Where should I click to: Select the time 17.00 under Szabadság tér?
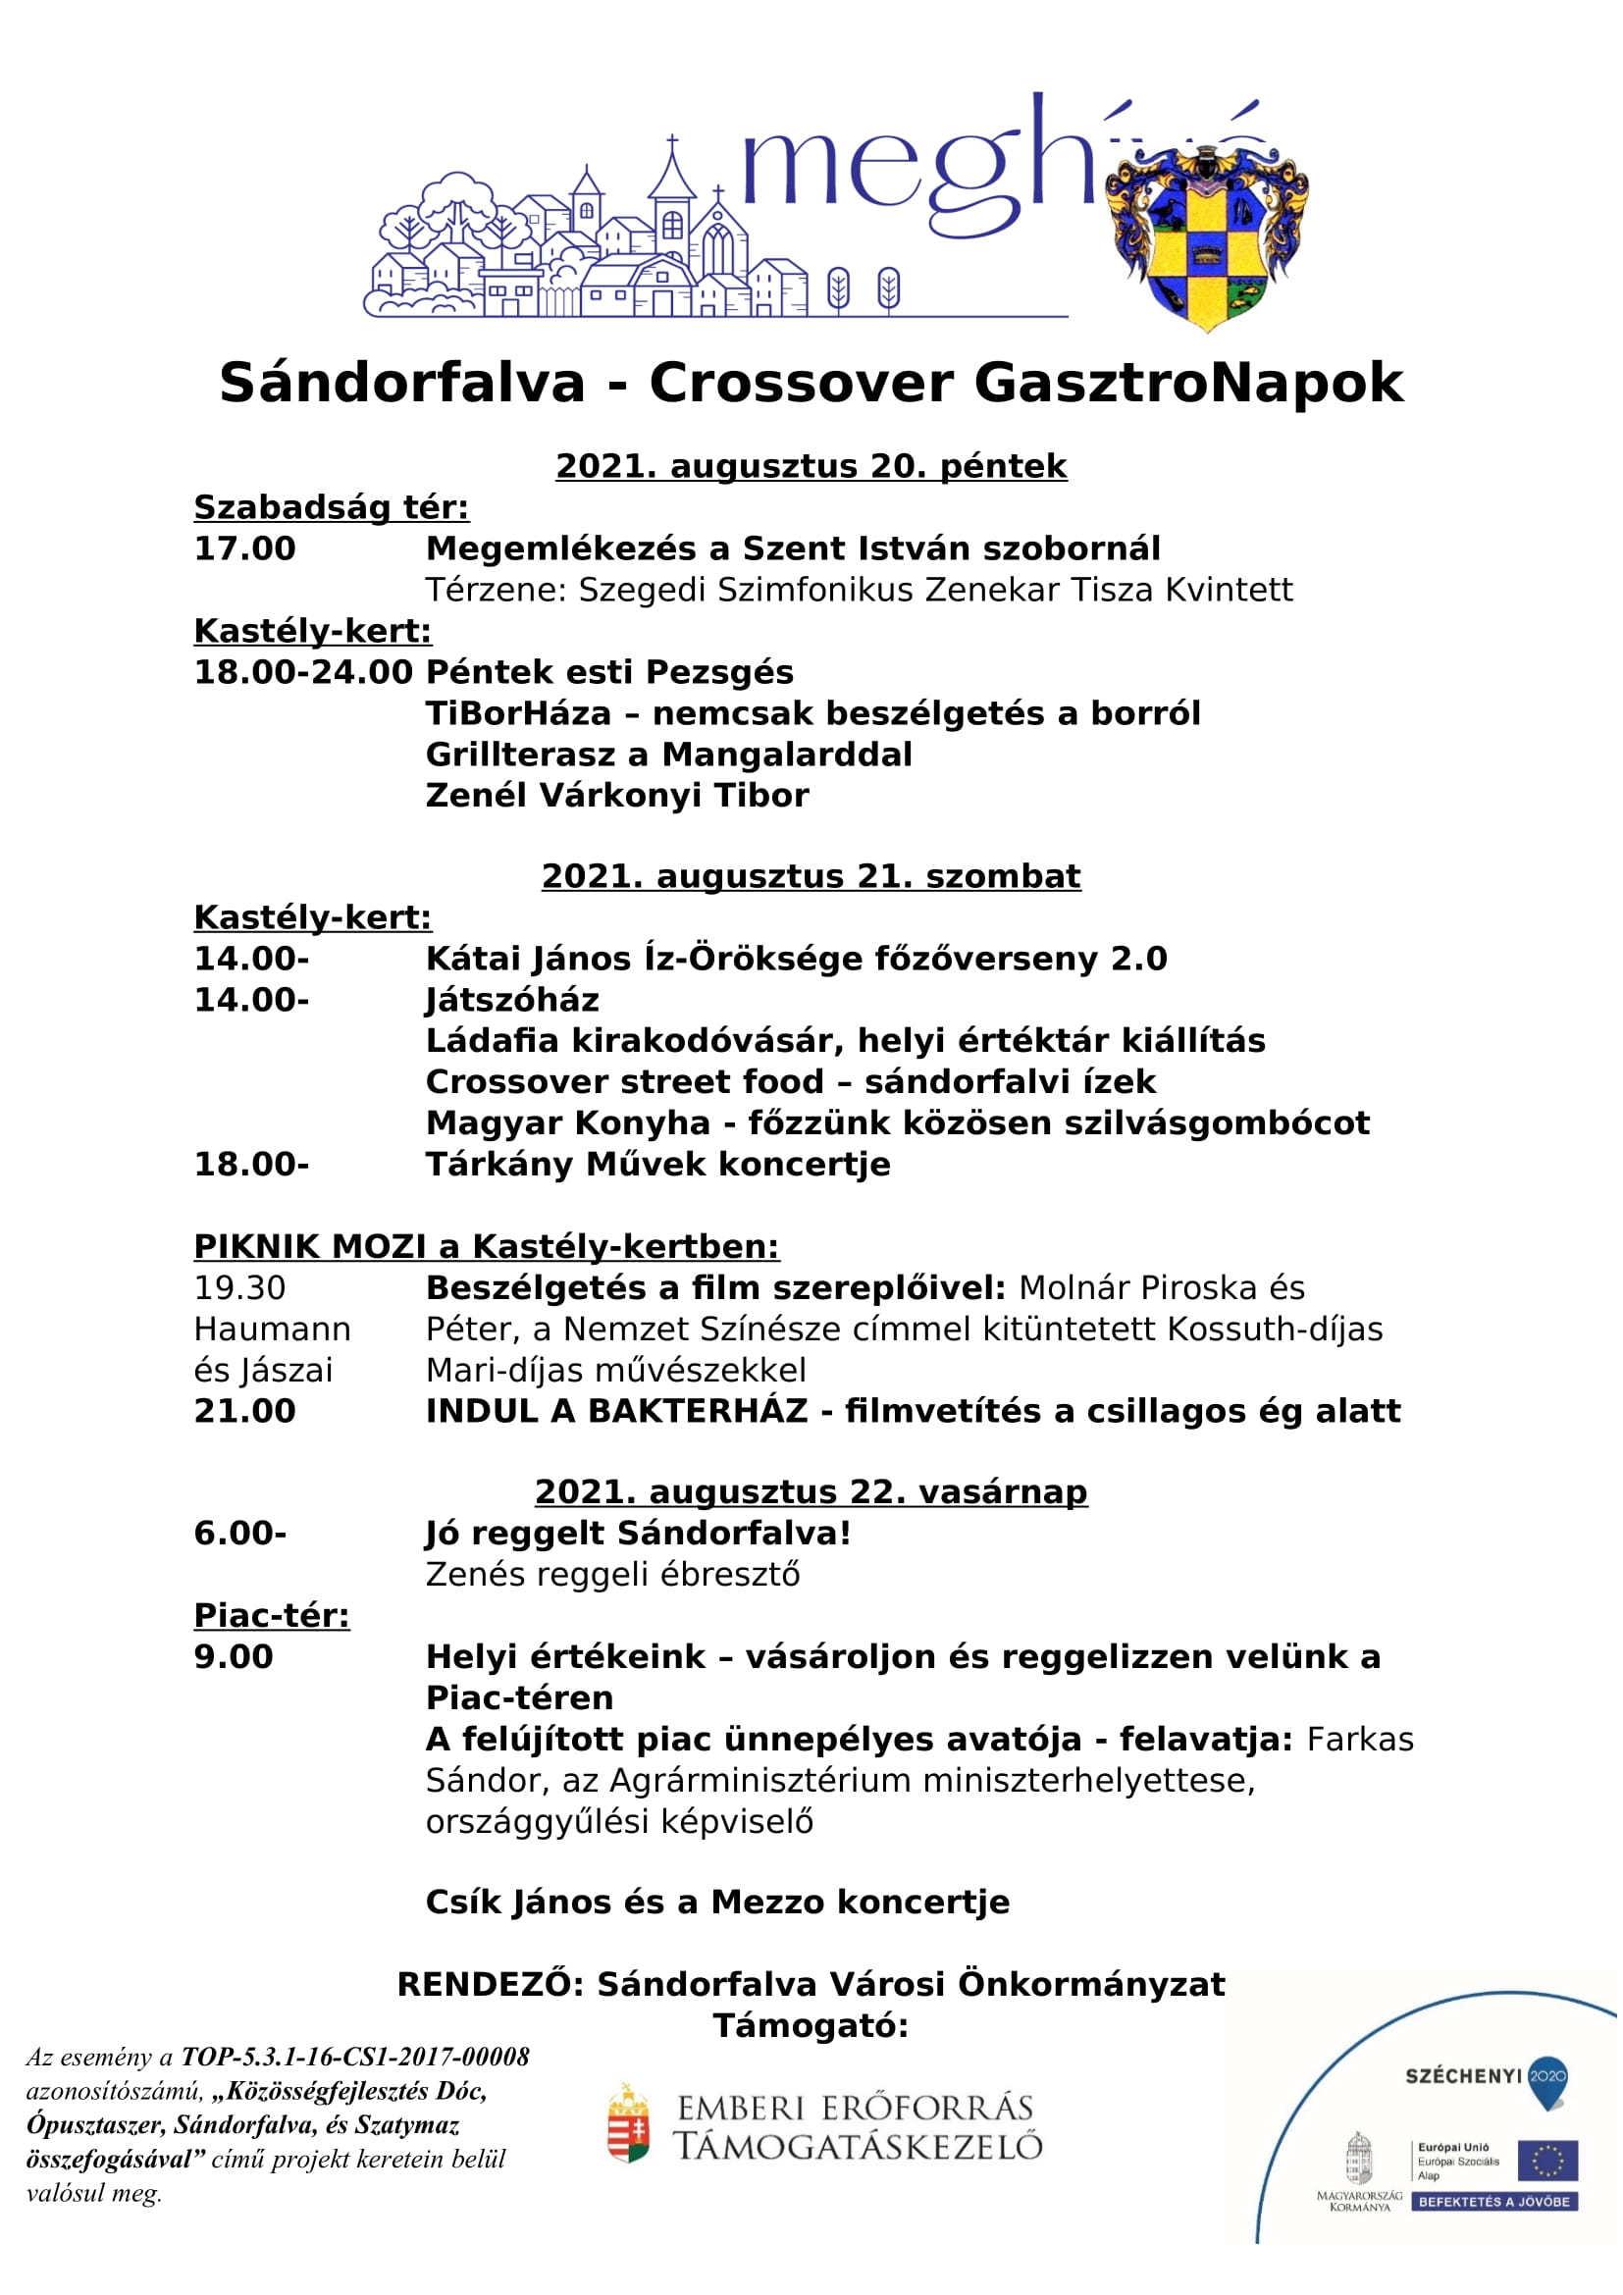click(x=245, y=549)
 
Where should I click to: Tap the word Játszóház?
click(x=513, y=1002)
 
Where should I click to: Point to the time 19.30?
click(x=239, y=1289)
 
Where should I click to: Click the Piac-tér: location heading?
click(x=273, y=1617)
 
